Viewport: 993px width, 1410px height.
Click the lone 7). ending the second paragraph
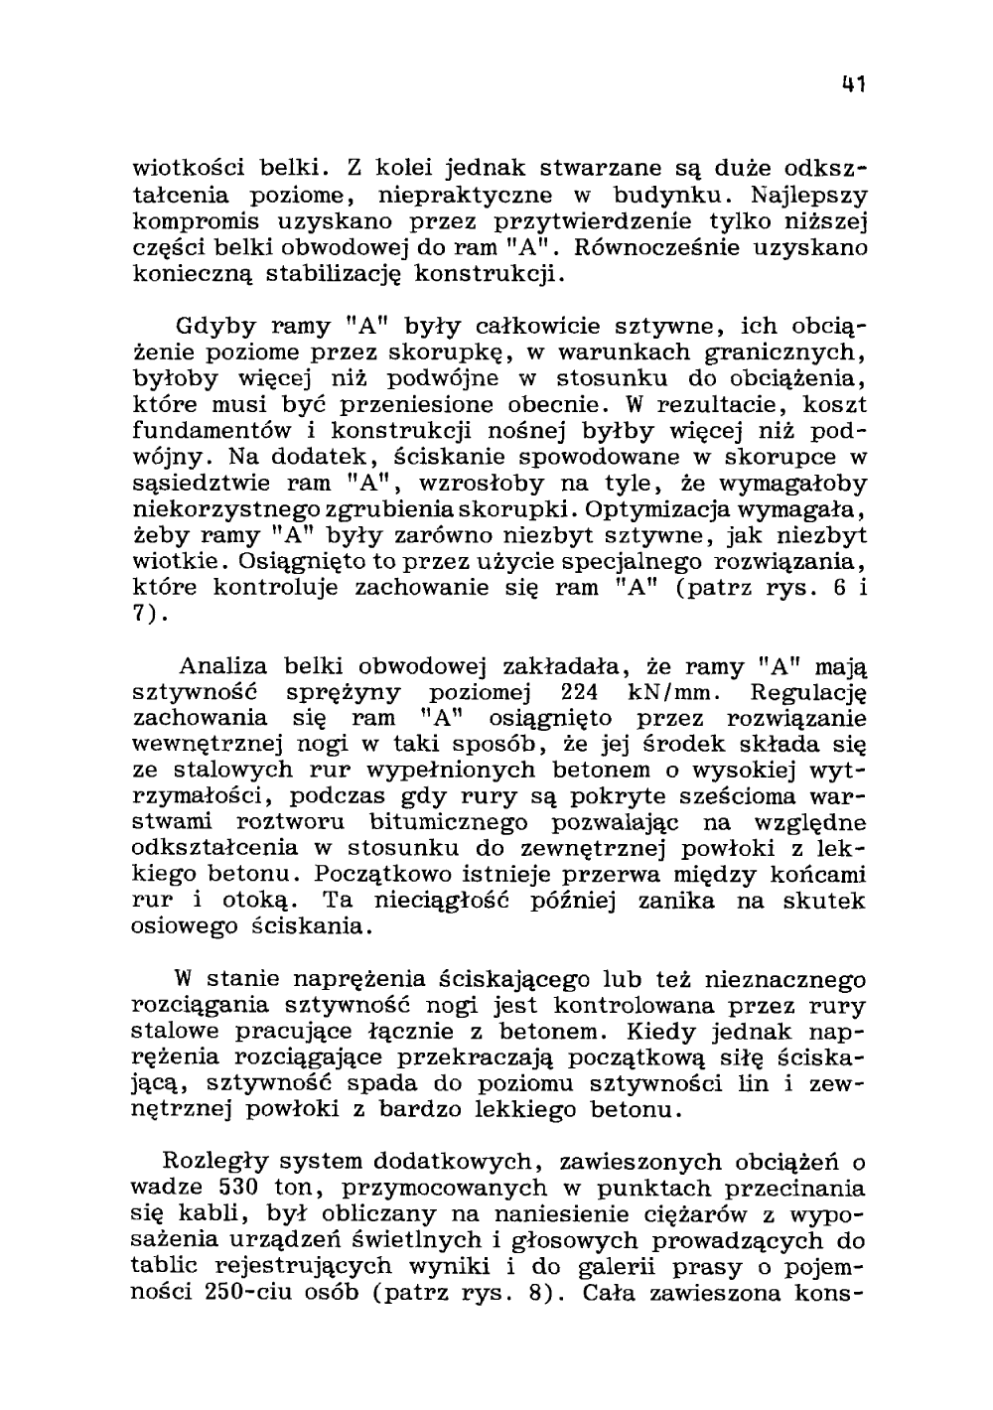click(x=149, y=615)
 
